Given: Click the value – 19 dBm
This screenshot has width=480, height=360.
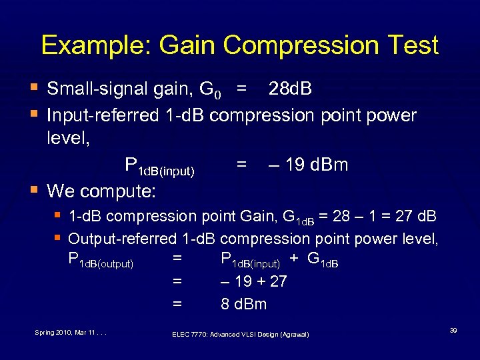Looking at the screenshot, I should [x=308, y=165].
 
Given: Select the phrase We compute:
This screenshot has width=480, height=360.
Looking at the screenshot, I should [x=101, y=191].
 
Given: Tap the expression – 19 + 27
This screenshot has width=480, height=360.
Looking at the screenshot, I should [x=254, y=281].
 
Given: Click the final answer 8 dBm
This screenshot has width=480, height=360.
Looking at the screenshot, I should [x=244, y=305].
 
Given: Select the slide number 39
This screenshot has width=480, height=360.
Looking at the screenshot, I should [x=453, y=330].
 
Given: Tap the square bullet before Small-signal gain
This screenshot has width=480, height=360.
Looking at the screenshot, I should [x=34, y=89].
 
